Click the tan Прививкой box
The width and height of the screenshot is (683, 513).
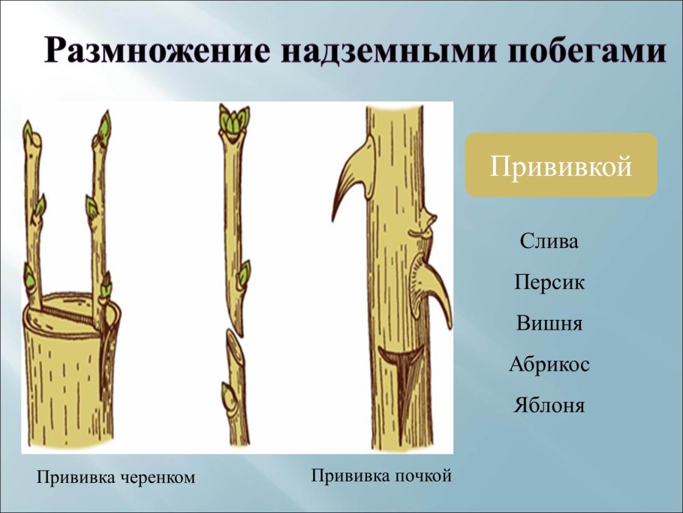[x=561, y=165]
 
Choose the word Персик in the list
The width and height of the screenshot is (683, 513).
[x=549, y=283]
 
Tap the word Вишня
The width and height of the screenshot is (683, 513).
[x=549, y=324]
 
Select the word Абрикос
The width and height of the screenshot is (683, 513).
[x=549, y=365]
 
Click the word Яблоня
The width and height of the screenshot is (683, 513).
[x=549, y=406]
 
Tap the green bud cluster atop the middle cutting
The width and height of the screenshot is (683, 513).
[x=234, y=120]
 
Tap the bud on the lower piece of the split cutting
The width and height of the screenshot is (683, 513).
[x=227, y=394]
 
